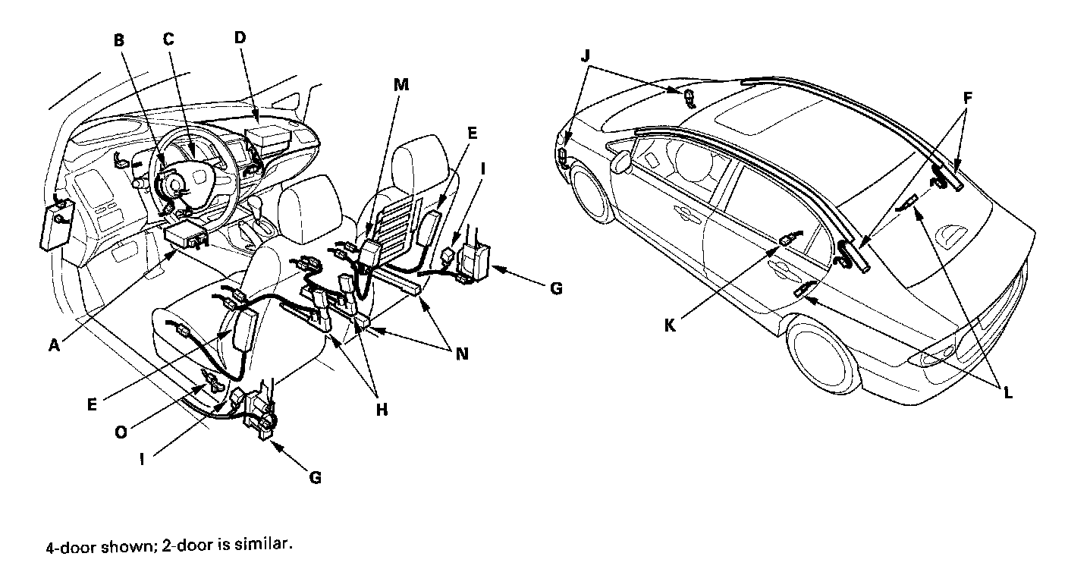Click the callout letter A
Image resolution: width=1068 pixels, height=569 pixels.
point(54,344)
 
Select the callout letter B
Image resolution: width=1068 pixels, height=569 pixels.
point(119,41)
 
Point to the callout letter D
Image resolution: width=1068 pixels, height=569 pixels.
point(239,37)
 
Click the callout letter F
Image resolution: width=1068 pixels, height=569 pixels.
point(967,98)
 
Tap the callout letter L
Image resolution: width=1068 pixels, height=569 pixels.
point(1007,393)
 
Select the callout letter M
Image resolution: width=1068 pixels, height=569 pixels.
point(401,85)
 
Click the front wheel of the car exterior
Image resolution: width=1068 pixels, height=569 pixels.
point(594,194)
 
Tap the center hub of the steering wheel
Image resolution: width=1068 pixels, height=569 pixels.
point(173,183)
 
